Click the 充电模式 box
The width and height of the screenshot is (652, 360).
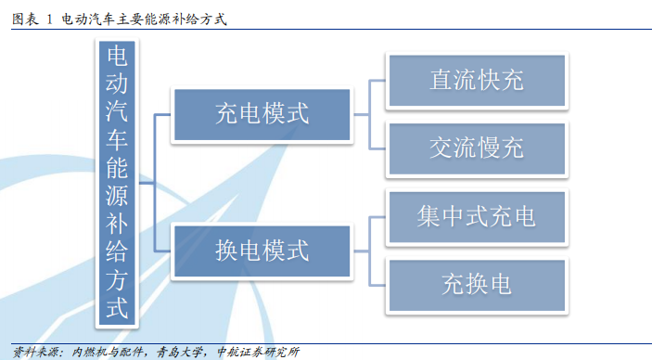coord(261,115)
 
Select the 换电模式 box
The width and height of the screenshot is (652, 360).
coord(261,251)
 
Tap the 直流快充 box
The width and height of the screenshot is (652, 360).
coord(476,81)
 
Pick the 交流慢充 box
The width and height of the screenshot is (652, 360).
coord(476,148)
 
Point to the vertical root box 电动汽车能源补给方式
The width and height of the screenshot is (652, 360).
coord(118,182)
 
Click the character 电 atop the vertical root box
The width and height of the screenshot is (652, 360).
coord(118,59)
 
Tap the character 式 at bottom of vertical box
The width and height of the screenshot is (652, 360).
coord(118,307)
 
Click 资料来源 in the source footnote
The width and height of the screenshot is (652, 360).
coord(32,353)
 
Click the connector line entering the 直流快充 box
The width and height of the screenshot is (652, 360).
coord(378,81)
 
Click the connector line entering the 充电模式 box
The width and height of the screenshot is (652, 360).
coord(162,115)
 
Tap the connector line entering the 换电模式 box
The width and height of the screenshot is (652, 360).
coord(162,251)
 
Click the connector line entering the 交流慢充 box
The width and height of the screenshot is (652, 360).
coord(378,148)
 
